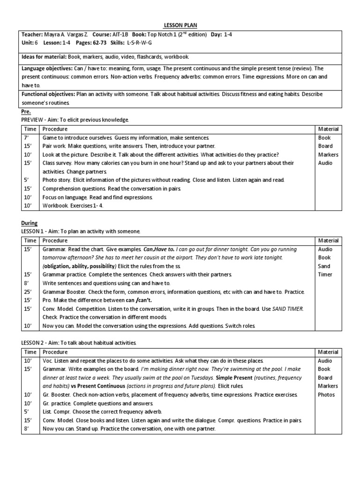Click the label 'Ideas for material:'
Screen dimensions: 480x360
[x=38, y=56]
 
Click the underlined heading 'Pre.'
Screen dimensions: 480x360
[x=26, y=112]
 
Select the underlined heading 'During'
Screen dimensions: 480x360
[x=29, y=223]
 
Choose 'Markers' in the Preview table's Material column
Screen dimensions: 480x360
[x=328, y=155]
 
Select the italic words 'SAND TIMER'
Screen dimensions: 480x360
[x=288, y=308]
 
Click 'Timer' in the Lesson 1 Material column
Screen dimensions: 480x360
[x=325, y=275]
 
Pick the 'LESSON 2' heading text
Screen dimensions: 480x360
[x=36, y=343]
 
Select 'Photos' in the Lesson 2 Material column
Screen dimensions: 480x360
[x=326, y=395]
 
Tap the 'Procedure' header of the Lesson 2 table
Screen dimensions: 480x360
[x=55, y=352]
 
